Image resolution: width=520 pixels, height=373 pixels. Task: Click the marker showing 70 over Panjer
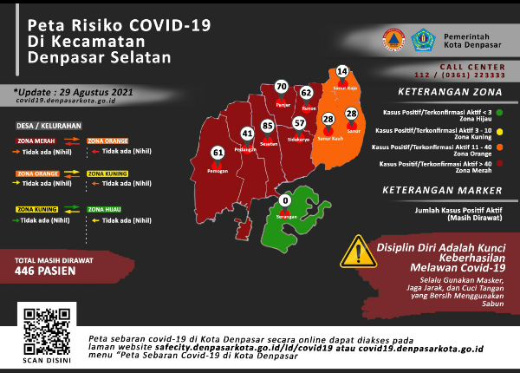280,87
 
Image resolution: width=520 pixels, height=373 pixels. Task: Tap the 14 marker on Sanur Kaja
342,71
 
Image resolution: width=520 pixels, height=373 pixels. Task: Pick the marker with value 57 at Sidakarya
299,122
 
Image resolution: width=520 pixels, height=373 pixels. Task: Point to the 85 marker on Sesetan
267,127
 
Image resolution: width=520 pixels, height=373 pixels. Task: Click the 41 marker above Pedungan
247,134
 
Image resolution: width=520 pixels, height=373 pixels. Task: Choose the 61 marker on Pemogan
218,153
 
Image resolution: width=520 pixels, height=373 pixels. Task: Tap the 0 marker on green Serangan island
284,201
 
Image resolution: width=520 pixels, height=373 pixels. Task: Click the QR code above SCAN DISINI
42,327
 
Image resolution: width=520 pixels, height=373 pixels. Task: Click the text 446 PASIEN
45,270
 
